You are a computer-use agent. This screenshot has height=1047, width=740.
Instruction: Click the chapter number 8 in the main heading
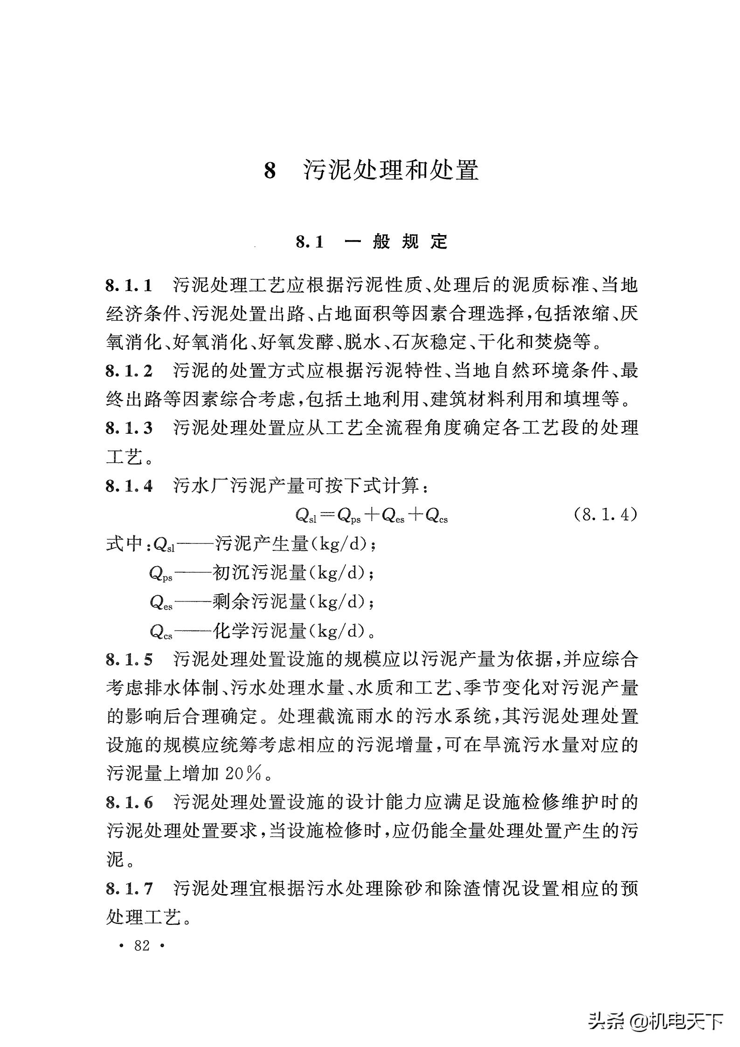click(x=270, y=171)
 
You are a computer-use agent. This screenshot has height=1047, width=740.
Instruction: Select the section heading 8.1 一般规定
click(x=371, y=242)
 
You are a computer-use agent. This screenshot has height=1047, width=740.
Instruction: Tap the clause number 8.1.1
click(x=129, y=285)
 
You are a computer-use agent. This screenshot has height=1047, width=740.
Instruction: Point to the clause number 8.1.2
click(x=129, y=371)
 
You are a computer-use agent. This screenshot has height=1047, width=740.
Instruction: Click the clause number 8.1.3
click(x=129, y=428)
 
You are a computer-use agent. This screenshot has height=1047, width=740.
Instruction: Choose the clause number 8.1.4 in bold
click(x=129, y=486)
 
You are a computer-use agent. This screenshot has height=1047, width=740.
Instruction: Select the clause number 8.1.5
click(x=129, y=659)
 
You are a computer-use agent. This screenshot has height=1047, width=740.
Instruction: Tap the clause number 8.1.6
click(x=129, y=803)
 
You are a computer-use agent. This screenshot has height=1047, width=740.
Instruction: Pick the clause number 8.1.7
click(x=129, y=889)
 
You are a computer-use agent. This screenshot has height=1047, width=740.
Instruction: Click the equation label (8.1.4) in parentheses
click(x=605, y=514)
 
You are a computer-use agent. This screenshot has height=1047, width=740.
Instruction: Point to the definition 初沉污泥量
click(x=259, y=573)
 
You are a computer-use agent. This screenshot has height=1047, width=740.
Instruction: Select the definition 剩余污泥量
click(x=259, y=602)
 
